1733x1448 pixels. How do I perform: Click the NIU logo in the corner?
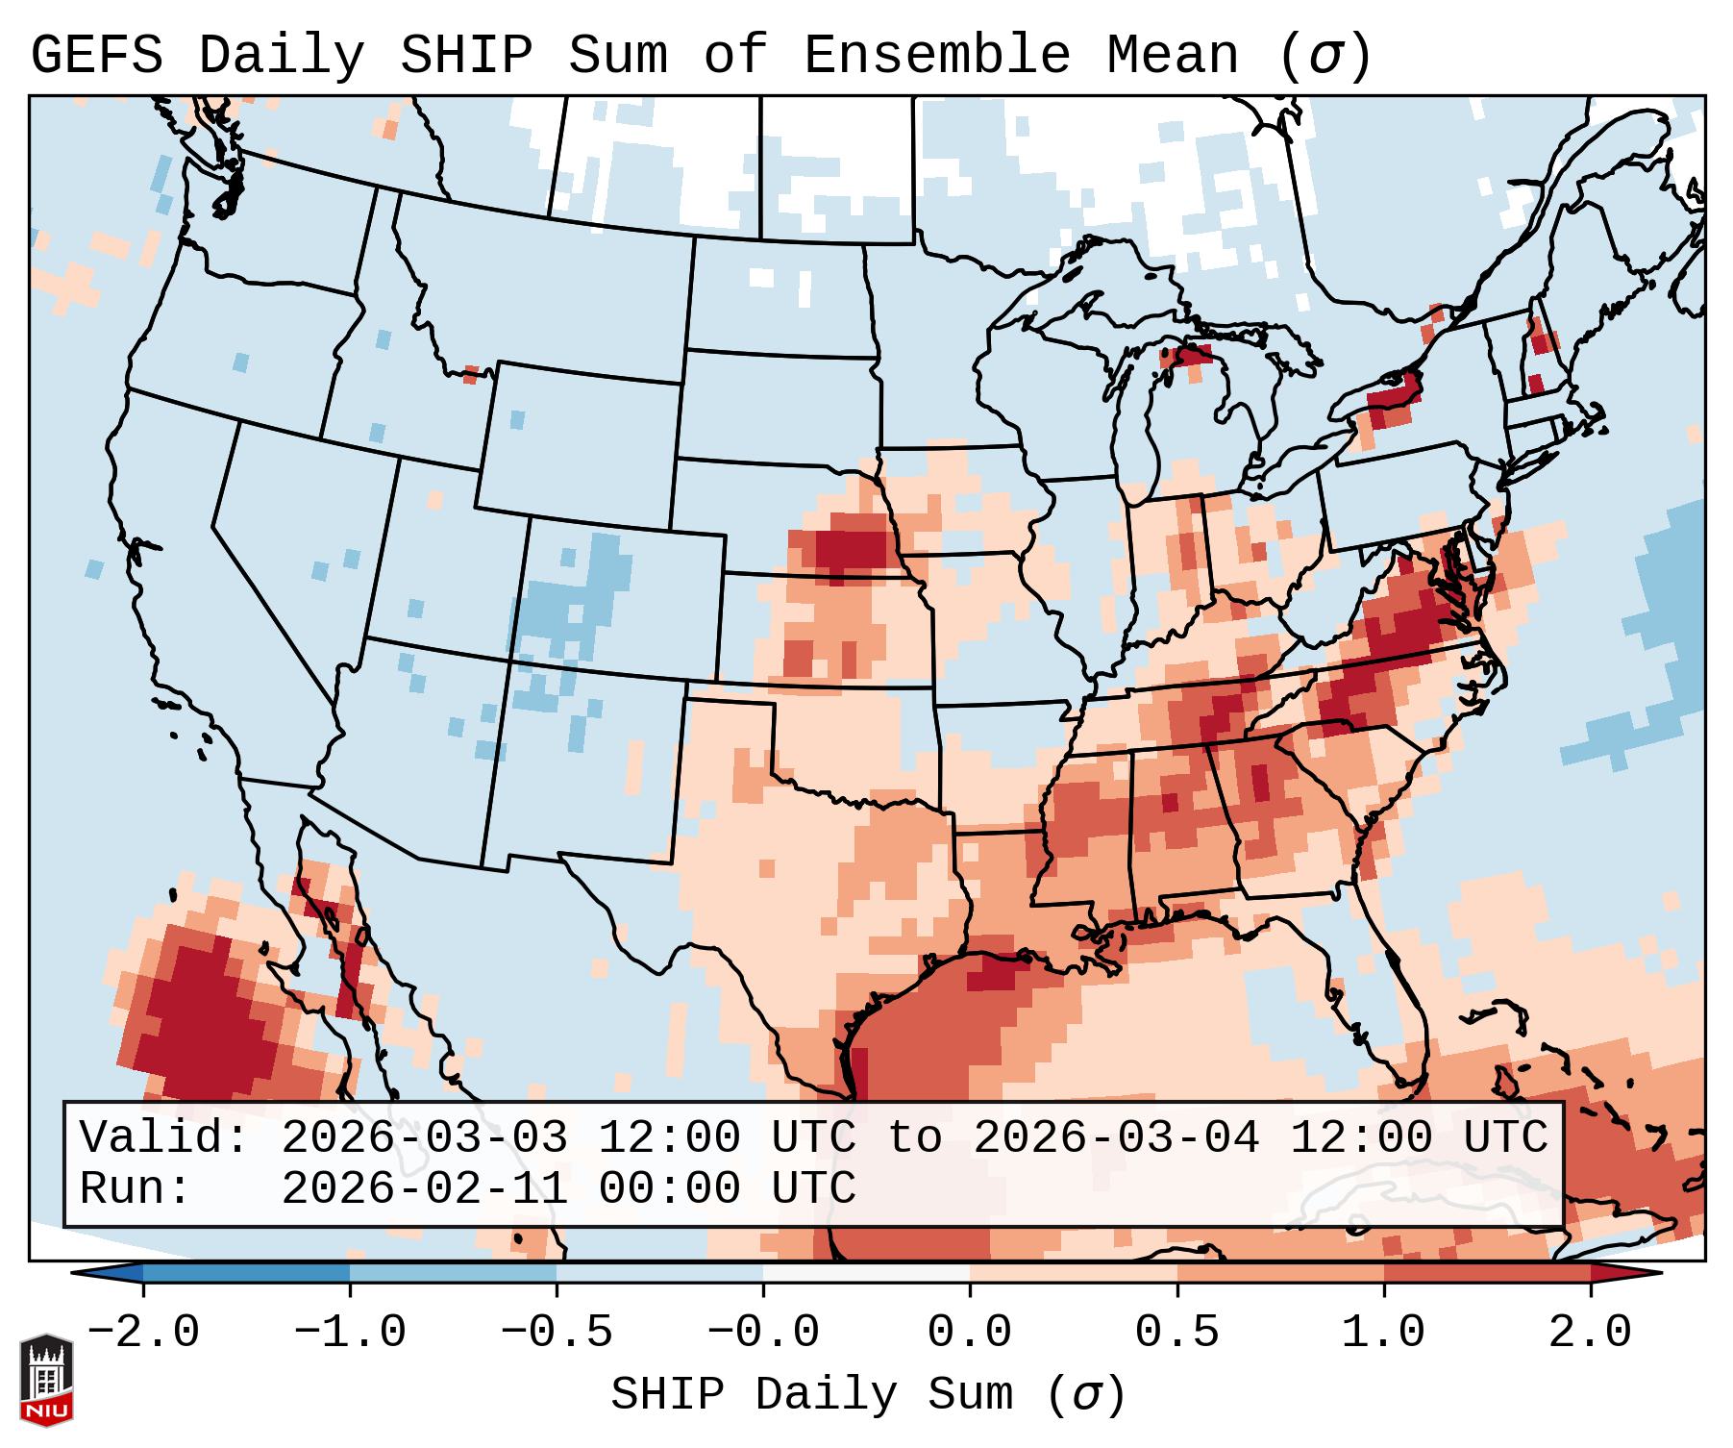click(x=46, y=1380)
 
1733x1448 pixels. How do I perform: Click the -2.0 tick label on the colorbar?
click(x=143, y=1333)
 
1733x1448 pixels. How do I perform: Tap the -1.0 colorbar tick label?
click(x=350, y=1333)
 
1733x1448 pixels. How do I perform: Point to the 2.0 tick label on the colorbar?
click(x=1591, y=1333)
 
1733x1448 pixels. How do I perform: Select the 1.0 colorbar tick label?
click(x=1384, y=1333)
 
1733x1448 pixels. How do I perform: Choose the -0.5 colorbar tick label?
click(x=557, y=1333)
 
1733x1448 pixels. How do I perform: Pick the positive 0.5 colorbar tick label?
click(x=1177, y=1333)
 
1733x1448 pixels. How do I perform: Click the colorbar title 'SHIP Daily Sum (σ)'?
click(x=867, y=1395)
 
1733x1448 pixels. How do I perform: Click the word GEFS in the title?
click(x=97, y=56)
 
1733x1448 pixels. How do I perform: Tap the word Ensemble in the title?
click(x=936, y=56)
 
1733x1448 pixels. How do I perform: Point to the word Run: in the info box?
click(x=136, y=1189)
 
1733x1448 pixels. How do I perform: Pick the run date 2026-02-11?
click(x=424, y=1189)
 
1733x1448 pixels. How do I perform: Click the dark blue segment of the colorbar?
click(x=246, y=1273)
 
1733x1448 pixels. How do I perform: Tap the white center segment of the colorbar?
click(x=866, y=1273)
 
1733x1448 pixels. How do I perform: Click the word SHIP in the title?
click(x=465, y=56)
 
